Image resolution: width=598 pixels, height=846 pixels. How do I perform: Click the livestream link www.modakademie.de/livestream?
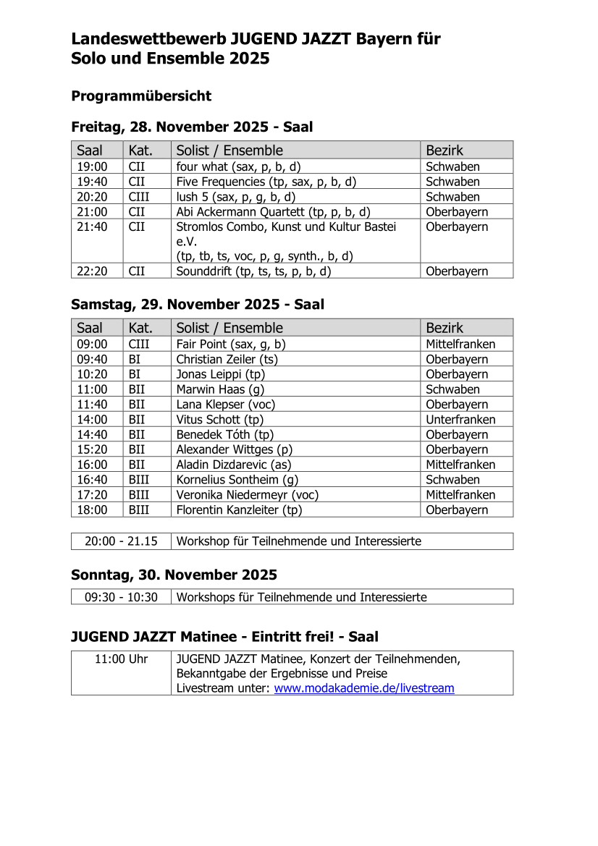tap(364, 688)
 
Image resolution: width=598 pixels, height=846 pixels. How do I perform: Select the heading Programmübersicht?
tap(141, 96)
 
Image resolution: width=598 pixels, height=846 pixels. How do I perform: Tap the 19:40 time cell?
tap(92, 182)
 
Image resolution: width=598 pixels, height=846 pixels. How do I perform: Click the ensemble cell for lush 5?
tap(236, 197)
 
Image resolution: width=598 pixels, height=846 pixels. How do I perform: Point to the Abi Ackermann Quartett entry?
tap(273, 212)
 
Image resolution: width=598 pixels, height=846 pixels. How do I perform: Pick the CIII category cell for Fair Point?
tap(139, 344)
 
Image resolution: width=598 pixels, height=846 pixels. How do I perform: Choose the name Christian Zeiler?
tap(227, 360)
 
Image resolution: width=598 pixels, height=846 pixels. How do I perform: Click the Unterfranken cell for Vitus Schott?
tap(460, 420)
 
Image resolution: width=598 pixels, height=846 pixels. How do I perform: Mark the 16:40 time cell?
tap(92, 480)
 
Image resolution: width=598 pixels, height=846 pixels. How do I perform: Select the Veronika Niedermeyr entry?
tap(247, 495)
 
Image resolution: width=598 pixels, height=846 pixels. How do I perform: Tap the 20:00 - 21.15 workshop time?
tap(121, 541)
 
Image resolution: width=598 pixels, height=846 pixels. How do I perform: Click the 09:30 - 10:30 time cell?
tap(121, 597)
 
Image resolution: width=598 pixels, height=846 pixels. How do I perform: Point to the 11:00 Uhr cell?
tap(121, 659)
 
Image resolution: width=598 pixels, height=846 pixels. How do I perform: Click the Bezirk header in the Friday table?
tap(445, 151)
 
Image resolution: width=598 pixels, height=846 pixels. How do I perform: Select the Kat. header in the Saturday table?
tap(140, 328)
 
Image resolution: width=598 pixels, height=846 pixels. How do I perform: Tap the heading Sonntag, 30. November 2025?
tap(174, 575)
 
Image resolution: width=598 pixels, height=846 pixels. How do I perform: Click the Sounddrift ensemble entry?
tap(253, 271)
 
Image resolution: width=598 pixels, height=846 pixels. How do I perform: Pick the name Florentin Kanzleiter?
tap(239, 510)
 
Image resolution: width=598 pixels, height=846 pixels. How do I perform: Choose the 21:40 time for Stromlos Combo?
tap(92, 227)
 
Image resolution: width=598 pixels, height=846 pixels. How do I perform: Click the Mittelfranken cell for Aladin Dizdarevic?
tap(460, 465)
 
